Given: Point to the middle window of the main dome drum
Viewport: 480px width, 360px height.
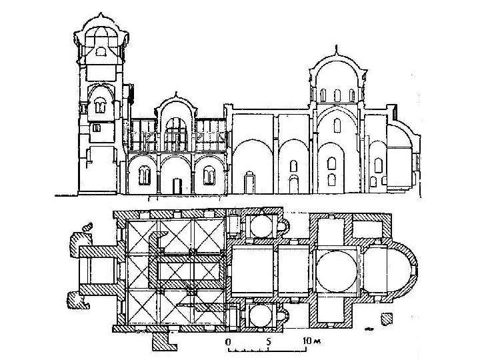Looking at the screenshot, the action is [336, 95].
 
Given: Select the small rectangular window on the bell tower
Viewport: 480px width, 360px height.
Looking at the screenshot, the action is [97, 127].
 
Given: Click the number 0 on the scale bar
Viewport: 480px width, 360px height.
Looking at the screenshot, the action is [229, 341].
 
